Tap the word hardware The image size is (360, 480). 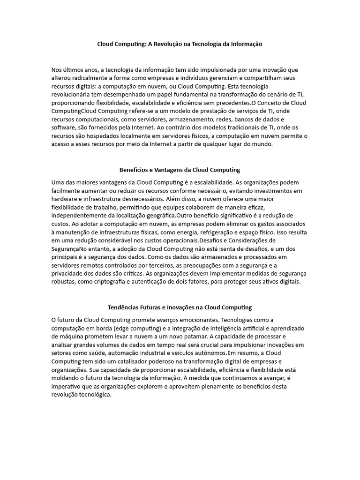65,199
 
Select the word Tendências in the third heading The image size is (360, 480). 125,307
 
